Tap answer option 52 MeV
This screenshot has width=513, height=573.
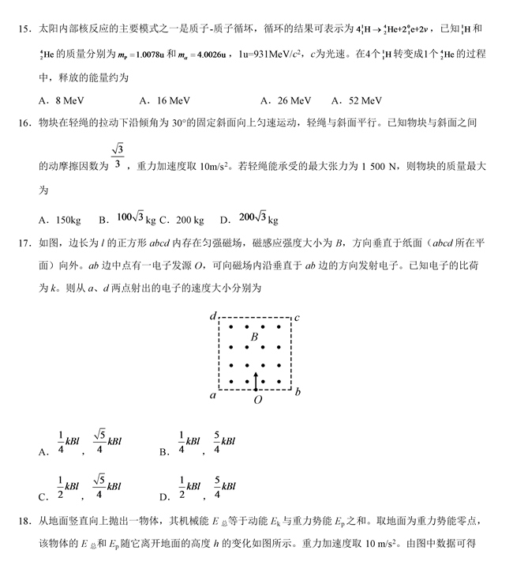(x=365, y=100)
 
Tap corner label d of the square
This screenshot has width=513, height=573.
(x=212, y=317)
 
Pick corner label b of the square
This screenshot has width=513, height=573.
(x=297, y=392)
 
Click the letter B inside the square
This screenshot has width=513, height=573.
(x=254, y=337)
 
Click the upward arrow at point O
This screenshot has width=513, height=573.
(x=255, y=380)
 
